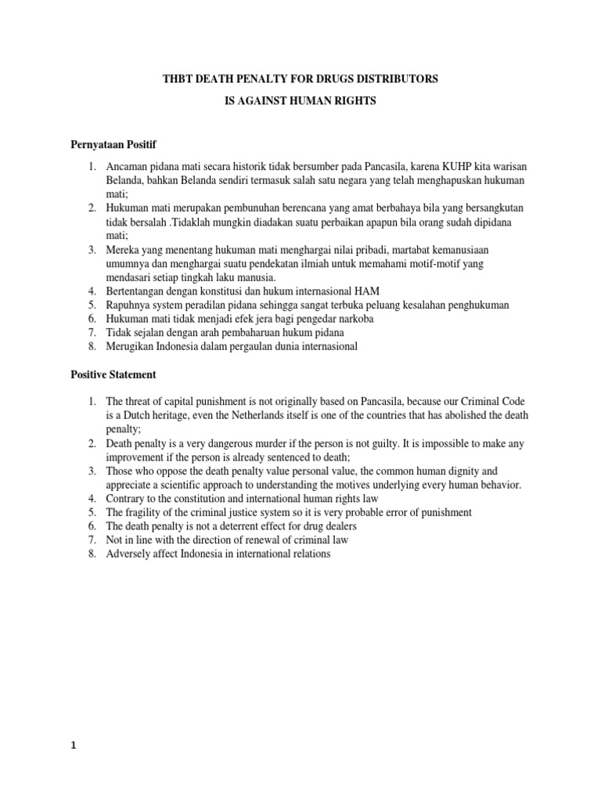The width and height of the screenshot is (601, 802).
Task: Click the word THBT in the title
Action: pyautogui.click(x=178, y=79)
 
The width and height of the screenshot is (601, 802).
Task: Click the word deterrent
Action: pyautogui.click(x=237, y=526)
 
